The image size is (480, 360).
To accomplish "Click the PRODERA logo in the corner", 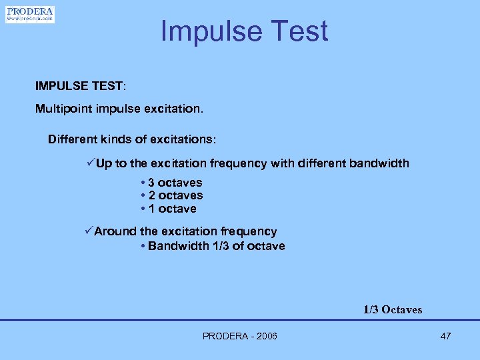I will tap(30, 14).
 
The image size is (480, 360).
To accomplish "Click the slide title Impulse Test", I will tap(244, 31).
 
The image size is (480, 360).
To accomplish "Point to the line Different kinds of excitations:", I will tap(132, 140).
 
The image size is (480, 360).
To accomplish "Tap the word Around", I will tap(115, 231).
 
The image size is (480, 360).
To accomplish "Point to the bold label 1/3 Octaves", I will tap(393, 309).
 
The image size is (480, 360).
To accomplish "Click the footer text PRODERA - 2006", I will tap(240, 336).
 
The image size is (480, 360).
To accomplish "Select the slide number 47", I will tap(445, 336).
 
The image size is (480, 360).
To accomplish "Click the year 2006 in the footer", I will tap(265, 336).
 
